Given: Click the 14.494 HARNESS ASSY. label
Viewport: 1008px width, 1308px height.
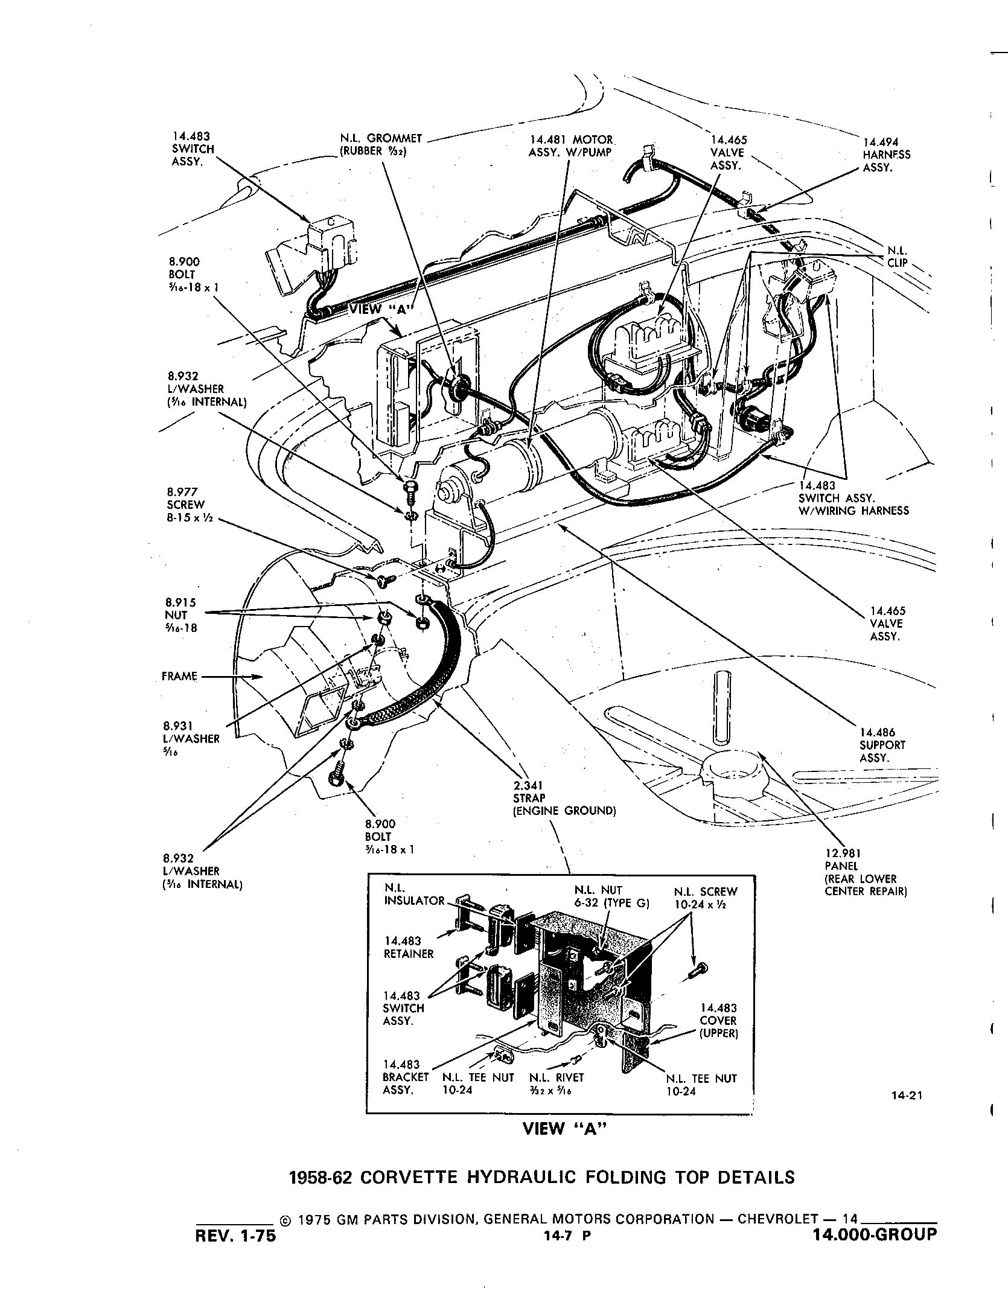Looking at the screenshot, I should click(x=886, y=155).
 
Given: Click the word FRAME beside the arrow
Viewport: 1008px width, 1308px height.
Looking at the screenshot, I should click(x=179, y=676).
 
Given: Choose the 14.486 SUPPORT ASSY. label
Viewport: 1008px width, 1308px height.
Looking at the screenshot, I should click(x=881, y=745).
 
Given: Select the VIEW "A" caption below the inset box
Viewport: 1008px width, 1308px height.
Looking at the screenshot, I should click(x=563, y=1129).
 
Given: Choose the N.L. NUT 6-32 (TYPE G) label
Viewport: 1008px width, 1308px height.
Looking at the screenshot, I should click(x=601, y=897).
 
